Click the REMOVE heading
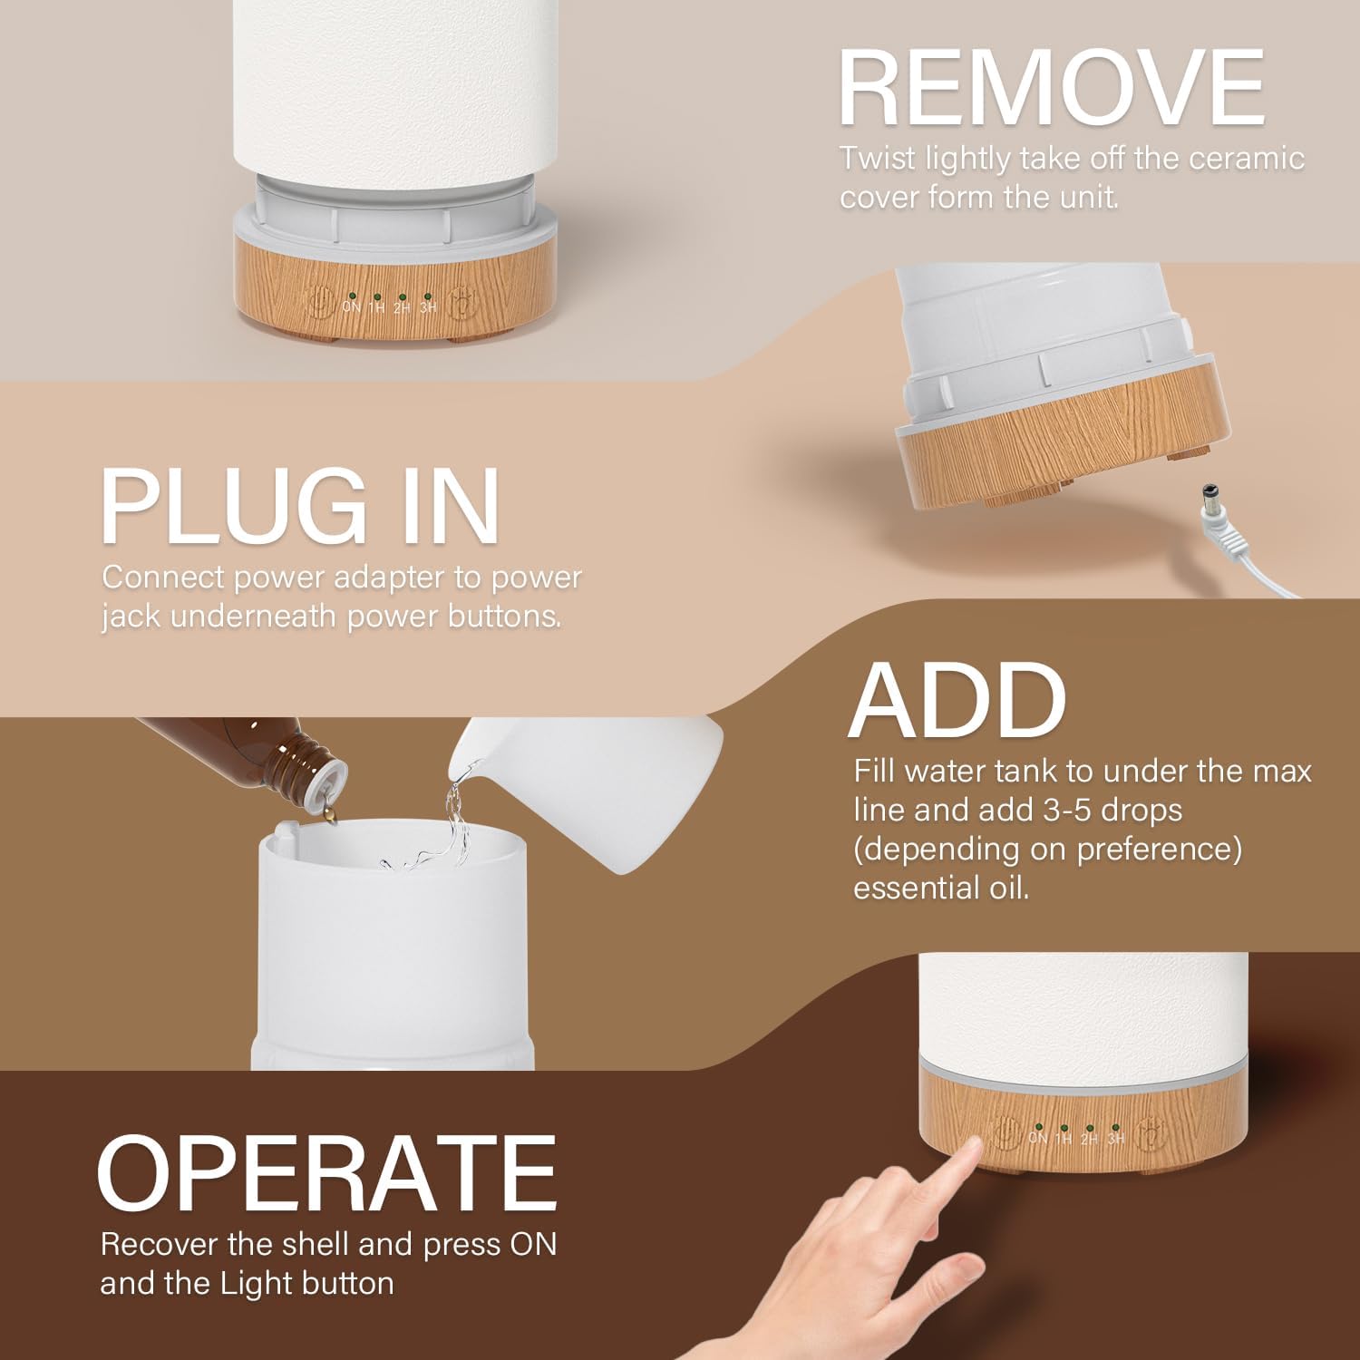1052,88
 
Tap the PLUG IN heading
299,505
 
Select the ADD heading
957,701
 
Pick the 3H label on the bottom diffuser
1116,1138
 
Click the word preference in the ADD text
1159,850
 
